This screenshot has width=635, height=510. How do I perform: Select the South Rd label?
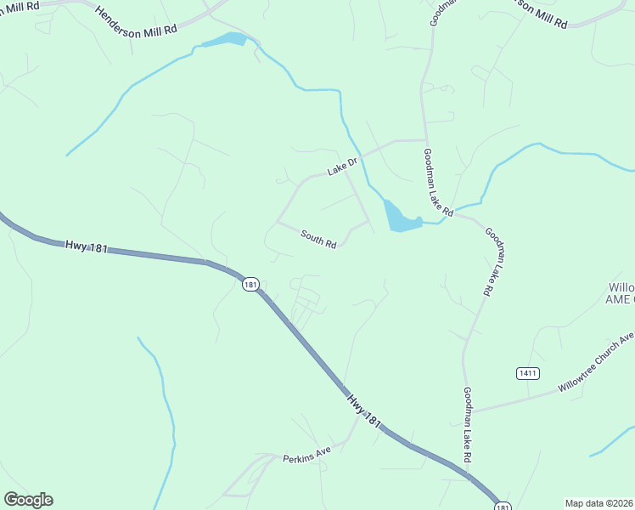pyautogui.click(x=318, y=240)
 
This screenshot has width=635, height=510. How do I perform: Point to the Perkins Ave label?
pyautogui.click(x=306, y=456)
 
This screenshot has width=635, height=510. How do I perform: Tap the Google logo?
pyautogui.click(x=28, y=500)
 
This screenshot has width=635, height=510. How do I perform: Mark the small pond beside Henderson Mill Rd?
pyautogui.click(x=223, y=40)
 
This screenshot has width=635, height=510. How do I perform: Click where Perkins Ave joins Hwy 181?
pyautogui.click(x=349, y=441)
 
